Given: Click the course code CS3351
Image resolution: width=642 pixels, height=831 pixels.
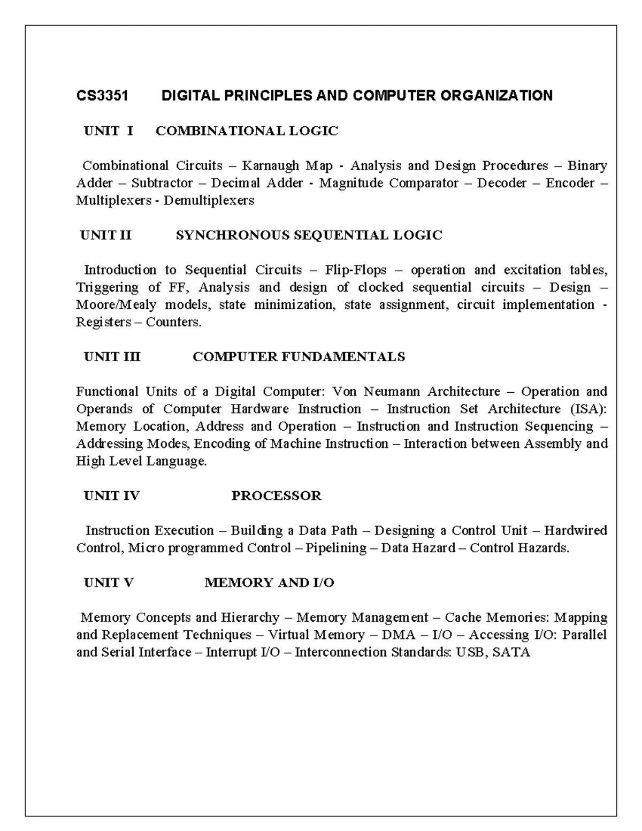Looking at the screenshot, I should click(x=102, y=96).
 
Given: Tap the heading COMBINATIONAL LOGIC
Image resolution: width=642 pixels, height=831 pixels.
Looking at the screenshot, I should click(x=247, y=131).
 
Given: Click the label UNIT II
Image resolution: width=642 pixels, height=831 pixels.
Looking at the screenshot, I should click(x=105, y=235).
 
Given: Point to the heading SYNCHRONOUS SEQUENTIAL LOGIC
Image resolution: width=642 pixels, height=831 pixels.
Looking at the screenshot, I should click(x=309, y=235).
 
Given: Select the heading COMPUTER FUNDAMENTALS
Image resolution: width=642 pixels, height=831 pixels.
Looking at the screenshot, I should click(x=299, y=356).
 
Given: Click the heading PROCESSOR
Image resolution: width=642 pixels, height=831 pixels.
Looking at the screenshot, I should click(x=276, y=495).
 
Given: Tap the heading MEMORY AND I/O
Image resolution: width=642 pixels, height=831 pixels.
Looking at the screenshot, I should click(x=269, y=583).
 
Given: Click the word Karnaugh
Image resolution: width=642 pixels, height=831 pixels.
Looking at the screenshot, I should click(x=271, y=166).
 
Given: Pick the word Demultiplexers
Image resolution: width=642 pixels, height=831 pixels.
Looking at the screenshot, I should click(x=209, y=201).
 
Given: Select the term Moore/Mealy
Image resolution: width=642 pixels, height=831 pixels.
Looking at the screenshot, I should click(x=116, y=304).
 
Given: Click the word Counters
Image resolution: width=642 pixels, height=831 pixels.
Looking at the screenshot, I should click(x=174, y=322).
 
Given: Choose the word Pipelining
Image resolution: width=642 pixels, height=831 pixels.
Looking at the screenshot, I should click(x=336, y=548).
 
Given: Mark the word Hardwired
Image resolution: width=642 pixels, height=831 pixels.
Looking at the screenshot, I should click(x=575, y=530).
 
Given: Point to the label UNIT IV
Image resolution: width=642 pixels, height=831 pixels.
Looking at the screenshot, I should click(x=112, y=495).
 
